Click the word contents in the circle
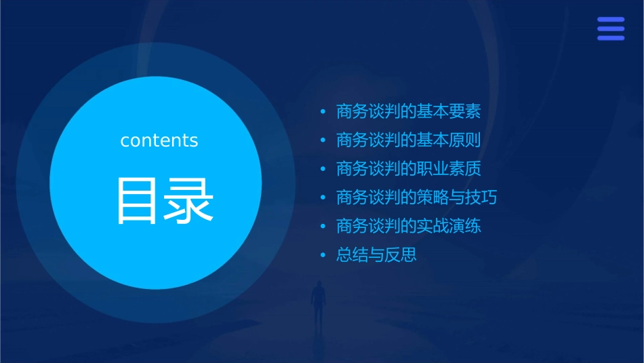[x=159, y=140]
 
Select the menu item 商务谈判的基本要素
[x=408, y=112]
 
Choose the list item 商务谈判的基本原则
[x=408, y=140]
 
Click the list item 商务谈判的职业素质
[x=408, y=169]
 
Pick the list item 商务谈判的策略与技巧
[x=416, y=198]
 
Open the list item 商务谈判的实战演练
[x=408, y=227]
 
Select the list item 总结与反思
[x=376, y=256]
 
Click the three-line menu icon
[x=611, y=28]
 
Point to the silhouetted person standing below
[x=317, y=302]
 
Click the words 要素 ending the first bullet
[x=464, y=112]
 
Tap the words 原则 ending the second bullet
[x=464, y=140]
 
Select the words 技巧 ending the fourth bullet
[x=481, y=198]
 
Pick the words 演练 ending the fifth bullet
[x=464, y=227]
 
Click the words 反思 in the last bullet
[x=401, y=256]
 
